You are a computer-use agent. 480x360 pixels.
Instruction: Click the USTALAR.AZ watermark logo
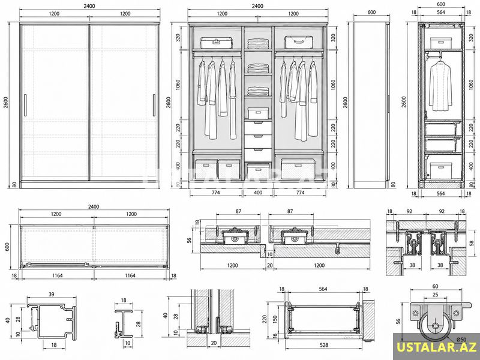pyautogui.click(x=437, y=347)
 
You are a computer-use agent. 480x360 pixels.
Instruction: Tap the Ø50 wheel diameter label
pyautogui.click(x=461, y=339)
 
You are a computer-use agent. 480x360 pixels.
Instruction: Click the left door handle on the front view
pyautogui.click(x=25, y=105)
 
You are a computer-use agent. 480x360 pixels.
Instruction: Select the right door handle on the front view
pyautogui.click(x=154, y=105)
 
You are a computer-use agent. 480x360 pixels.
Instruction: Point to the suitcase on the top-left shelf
pyautogui.click(x=217, y=43)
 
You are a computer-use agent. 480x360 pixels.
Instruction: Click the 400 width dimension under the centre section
pyautogui.click(x=258, y=193)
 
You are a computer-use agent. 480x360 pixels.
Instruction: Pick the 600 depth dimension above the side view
pyautogui.click(x=371, y=12)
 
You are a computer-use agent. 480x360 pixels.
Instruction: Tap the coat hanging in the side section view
pyautogui.click(x=440, y=85)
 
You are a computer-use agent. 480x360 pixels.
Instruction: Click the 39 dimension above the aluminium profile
pyautogui.click(x=52, y=294)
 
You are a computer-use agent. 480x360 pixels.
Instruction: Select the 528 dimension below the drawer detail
pyautogui.click(x=323, y=345)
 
